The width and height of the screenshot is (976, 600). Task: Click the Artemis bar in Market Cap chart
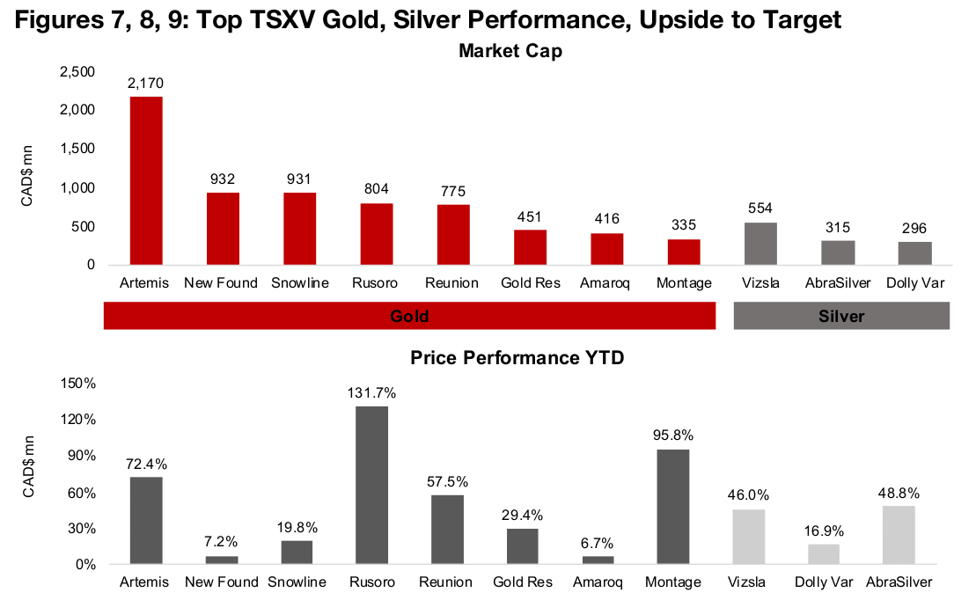[146, 180]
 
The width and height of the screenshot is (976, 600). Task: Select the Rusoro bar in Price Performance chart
[371, 485]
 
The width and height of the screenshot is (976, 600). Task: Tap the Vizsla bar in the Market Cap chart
[761, 244]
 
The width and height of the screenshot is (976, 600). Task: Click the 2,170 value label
[146, 84]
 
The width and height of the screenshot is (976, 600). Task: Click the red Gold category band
[408, 316]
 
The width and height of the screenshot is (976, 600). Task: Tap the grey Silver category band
[841, 316]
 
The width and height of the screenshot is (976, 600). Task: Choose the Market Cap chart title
[510, 51]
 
